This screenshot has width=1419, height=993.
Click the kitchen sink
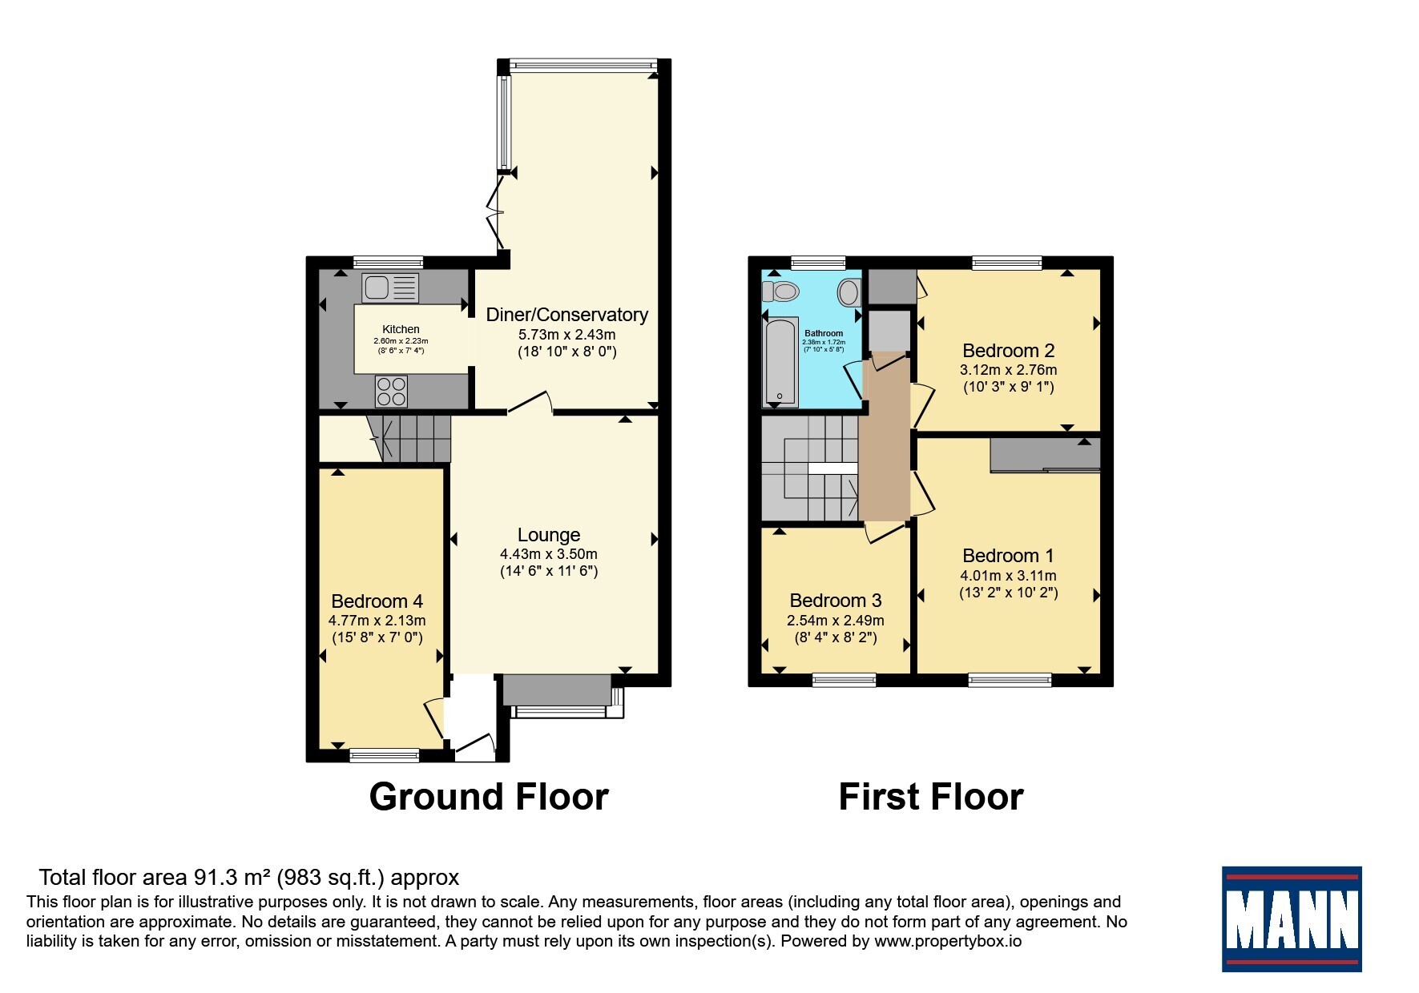click(x=390, y=287)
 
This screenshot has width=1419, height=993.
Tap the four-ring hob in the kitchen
click(x=391, y=392)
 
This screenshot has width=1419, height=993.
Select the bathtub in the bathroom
click(x=779, y=363)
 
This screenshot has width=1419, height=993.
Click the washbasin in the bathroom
click(x=848, y=292)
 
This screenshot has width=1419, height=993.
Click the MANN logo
click(x=1292, y=919)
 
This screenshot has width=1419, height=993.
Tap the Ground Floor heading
click(x=489, y=797)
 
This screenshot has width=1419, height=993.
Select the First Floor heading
click(x=931, y=797)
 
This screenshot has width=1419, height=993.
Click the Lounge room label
click(x=549, y=535)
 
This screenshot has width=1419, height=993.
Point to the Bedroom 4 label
click(x=377, y=601)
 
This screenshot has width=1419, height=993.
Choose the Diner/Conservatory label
click(x=567, y=315)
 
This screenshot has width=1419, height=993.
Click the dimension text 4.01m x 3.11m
click(x=1009, y=576)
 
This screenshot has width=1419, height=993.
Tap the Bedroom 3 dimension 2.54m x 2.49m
click(x=836, y=621)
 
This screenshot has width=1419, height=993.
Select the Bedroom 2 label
click(x=1009, y=351)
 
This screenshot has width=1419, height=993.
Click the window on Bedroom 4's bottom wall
click(x=385, y=754)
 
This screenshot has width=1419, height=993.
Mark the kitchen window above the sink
click(x=388, y=262)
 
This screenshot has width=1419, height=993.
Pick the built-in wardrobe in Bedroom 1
click(x=1046, y=455)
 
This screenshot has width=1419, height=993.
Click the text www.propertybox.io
click(x=948, y=942)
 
